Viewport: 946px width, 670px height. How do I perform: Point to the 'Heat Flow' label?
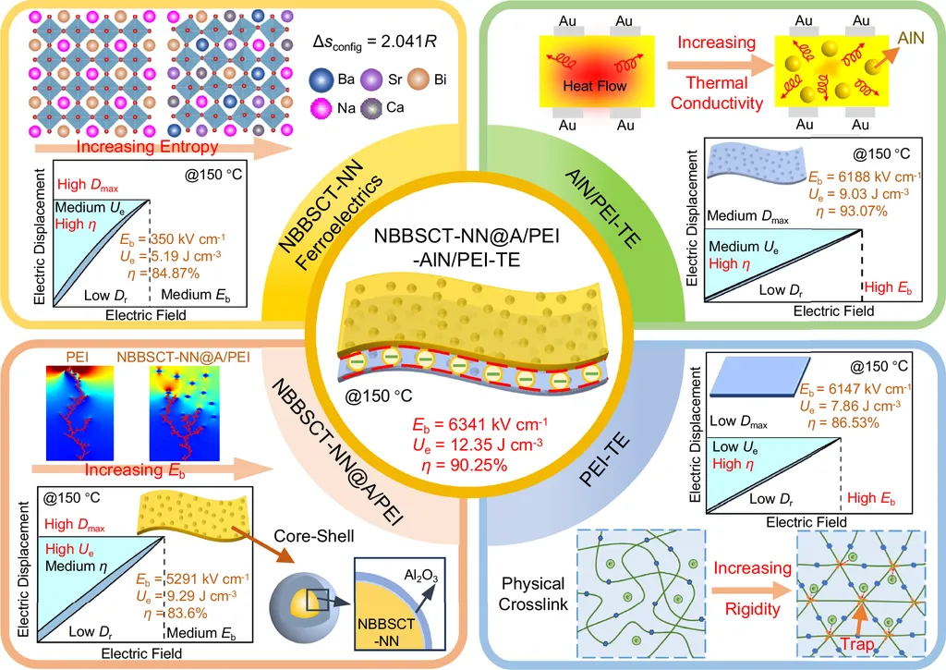594,86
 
